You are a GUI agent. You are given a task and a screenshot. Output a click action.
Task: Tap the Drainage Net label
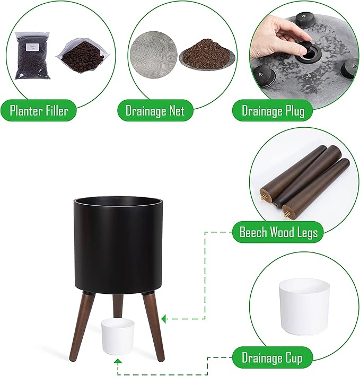(155, 111)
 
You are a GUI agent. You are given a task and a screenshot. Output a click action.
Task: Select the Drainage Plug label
(272, 111)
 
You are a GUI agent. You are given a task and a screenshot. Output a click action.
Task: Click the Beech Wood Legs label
(278, 232)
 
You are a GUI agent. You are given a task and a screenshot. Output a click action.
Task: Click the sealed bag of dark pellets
(33, 55)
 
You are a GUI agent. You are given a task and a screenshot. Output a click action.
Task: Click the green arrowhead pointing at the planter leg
(164, 319)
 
